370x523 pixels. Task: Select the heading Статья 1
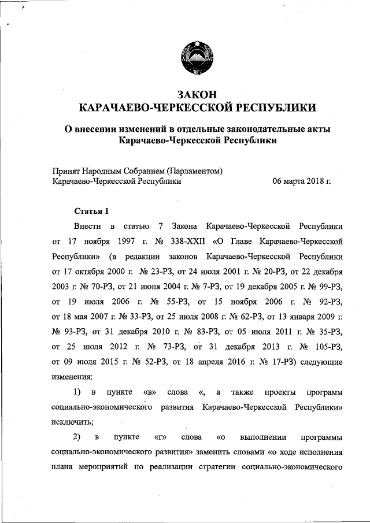tap(91, 210)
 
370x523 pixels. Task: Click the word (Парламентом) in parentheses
tap(194, 170)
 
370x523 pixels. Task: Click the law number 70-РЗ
tap(93, 285)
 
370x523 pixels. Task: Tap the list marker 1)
tap(80, 393)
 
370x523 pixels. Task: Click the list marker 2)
tap(80, 437)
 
